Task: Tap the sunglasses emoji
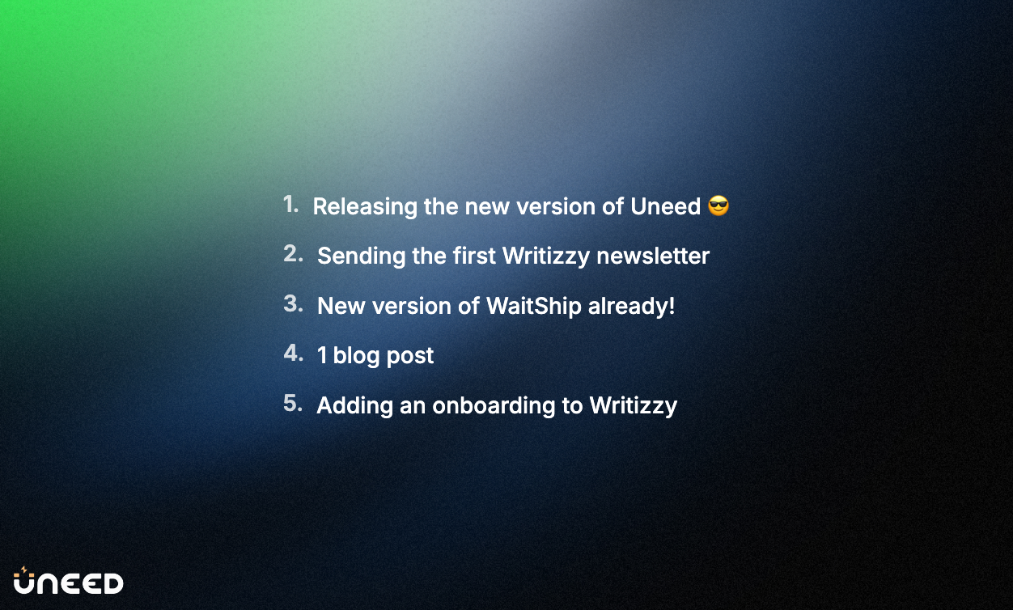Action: pyautogui.click(x=718, y=206)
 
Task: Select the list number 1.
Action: pyautogui.click(x=291, y=205)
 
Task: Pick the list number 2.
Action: pyautogui.click(x=293, y=254)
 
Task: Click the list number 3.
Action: pyautogui.click(x=293, y=304)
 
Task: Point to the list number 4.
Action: pyautogui.click(x=293, y=354)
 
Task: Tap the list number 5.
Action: pyautogui.click(x=293, y=404)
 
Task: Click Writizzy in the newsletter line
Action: pyautogui.click(x=546, y=256)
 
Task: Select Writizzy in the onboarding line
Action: pyautogui.click(x=634, y=406)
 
